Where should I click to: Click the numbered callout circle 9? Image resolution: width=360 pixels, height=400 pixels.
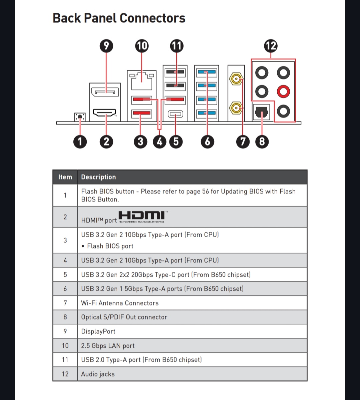106,46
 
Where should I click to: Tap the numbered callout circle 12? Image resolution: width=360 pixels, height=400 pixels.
271,46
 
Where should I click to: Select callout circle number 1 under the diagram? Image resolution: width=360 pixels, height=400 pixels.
80,142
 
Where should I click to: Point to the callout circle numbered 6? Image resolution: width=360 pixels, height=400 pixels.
207,142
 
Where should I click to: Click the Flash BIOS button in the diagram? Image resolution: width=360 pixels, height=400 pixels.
80,117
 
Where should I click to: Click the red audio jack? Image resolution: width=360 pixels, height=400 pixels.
283,91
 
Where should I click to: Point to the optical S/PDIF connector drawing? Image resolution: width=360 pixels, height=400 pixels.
262,113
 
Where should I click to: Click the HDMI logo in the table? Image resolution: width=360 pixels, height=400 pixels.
142,216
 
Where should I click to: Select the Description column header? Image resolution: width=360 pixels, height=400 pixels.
98,177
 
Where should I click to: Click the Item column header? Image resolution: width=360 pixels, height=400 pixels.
65,177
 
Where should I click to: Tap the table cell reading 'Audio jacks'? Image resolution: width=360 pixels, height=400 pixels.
98,374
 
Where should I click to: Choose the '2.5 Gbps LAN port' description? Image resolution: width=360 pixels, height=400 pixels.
108,346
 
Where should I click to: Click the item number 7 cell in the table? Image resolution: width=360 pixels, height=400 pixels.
65,303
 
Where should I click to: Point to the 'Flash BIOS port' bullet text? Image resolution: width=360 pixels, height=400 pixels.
110,246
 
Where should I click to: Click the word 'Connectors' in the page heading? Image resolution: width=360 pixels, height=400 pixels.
152,18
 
